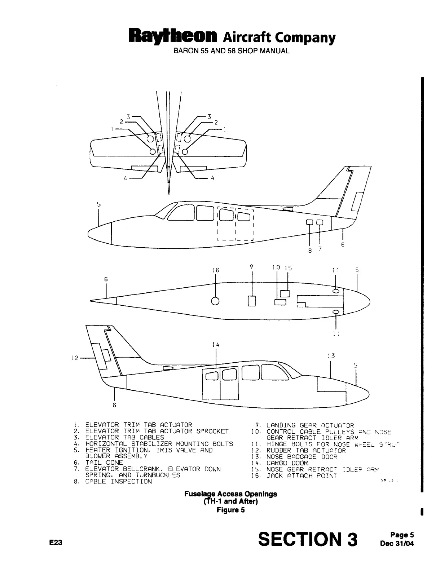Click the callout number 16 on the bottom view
coord(216,270)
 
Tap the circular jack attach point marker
coord(215,301)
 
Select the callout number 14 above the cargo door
coord(216,345)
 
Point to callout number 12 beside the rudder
coord(74,358)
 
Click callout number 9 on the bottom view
coord(251,267)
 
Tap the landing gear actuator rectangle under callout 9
coord(252,301)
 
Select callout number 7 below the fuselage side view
coord(320,249)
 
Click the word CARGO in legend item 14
coord(277,463)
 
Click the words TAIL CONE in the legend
coord(104,462)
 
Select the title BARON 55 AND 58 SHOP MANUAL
coord(232,51)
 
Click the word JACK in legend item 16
coord(275,475)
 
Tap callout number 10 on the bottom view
coord(276,267)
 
